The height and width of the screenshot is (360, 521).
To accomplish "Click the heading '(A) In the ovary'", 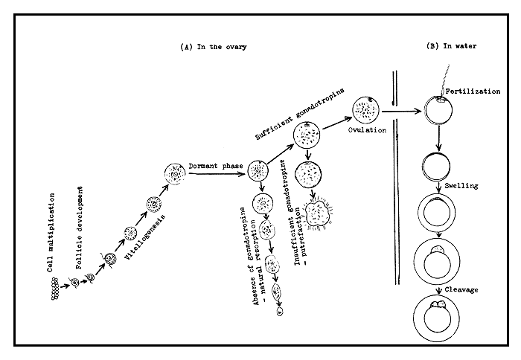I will (214, 46).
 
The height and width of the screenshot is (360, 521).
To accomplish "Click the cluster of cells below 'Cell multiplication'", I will (54, 292).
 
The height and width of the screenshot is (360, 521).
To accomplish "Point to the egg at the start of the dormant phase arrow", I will (176, 176).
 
